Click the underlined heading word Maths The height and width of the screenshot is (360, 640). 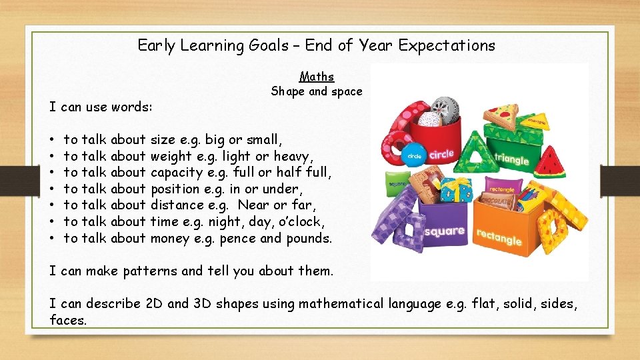(x=317, y=77)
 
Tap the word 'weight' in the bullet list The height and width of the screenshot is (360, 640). (x=169, y=156)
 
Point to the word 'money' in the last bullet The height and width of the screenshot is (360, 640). (x=170, y=238)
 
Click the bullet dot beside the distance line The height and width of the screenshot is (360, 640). (x=52, y=206)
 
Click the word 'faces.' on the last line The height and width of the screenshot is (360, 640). (x=68, y=320)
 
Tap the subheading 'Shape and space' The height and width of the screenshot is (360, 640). (x=317, y=92)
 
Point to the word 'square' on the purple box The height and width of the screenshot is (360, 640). (x=443, y=231)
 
